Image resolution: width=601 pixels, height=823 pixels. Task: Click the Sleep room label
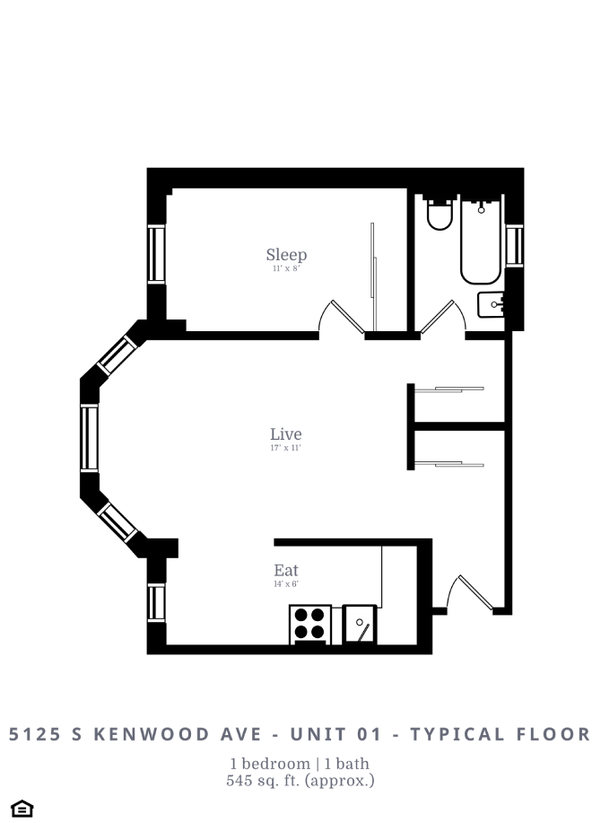(286, 255)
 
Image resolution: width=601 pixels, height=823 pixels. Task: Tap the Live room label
(285, 434)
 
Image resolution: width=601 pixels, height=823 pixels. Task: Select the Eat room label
(286, 570)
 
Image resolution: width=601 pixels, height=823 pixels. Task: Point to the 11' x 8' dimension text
(285, 268)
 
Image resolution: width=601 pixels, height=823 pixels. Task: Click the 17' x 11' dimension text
(285, 448)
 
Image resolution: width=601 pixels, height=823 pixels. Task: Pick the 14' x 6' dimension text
(286, 583)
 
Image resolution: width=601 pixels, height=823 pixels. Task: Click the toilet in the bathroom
(440, 215)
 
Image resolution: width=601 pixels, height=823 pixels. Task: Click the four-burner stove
(309, 624)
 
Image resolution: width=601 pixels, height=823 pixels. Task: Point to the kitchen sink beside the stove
(360, 624)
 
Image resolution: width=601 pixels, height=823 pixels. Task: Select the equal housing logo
(23, 809)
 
